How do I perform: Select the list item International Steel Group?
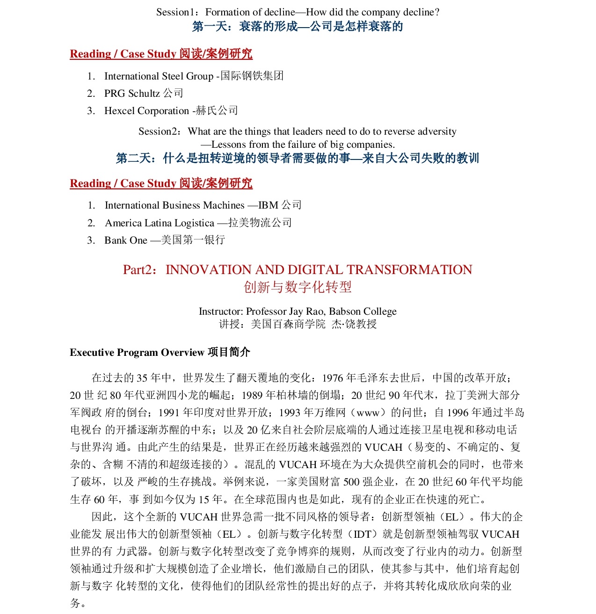(x=159, y=76)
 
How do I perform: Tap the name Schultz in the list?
(x=144, y=94)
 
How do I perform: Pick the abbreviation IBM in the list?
(x=269, y=205)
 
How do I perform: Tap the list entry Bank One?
(x=126, y=240)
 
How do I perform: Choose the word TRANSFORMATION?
(x=409, y=270)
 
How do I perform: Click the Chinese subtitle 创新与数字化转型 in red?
(x=298, y=287)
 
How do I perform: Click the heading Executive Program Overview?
(x=137, y=353)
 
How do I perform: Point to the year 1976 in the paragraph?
(x=333, y=378)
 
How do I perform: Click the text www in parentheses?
(x=368, y=412)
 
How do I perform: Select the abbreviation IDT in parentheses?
(x=363, y=534)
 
